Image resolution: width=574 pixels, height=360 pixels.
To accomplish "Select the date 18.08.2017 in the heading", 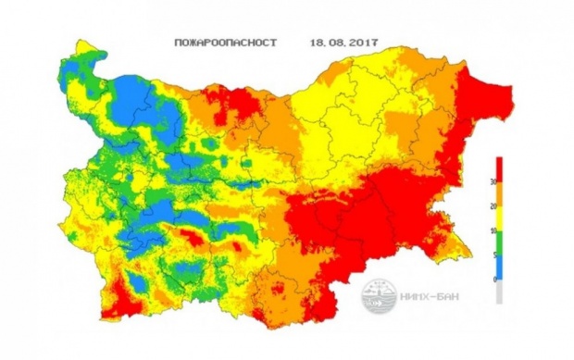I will pos(344,43).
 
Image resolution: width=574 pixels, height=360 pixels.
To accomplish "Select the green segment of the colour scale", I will pos(500,242).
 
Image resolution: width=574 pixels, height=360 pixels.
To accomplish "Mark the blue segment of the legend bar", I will pos(500,267).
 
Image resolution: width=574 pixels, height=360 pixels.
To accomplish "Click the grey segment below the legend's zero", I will pos(500,292).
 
